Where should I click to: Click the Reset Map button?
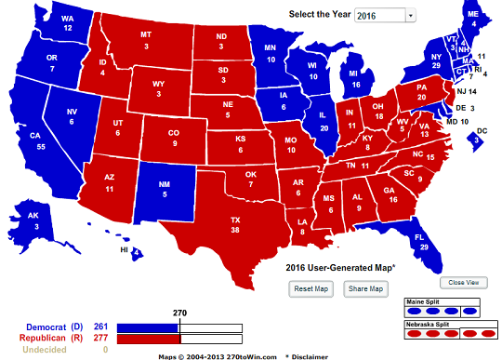(313, 288)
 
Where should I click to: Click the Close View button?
(462, 282)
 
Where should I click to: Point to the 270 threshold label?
(179, 313)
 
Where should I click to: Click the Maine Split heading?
(423, 302)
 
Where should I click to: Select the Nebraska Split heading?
(429, 322)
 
